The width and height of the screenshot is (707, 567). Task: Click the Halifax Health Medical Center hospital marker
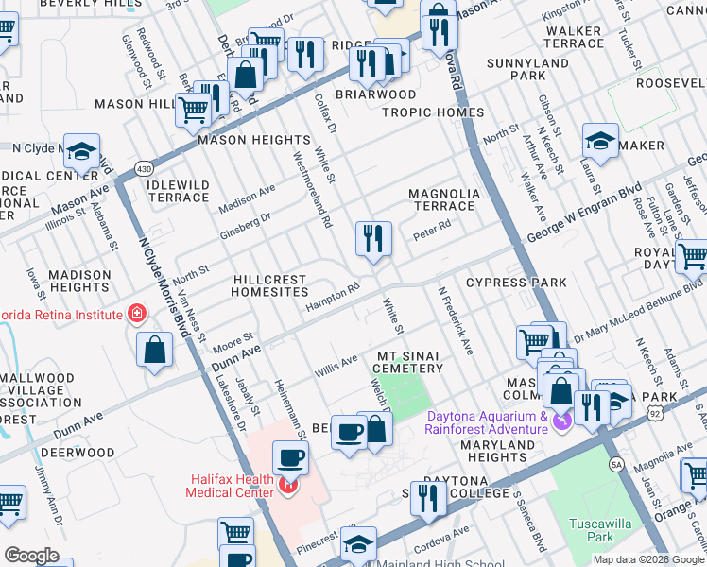tap(287, 489)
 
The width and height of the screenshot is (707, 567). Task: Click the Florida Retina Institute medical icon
tap(137, 312)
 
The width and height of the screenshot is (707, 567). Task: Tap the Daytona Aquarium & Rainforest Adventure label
tap(488, 422)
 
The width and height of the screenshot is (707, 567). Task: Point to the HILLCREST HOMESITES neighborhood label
tap(269, 286)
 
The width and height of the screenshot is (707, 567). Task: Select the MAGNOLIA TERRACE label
tap(444, 199)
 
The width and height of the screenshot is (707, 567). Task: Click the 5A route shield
tap(618, 464)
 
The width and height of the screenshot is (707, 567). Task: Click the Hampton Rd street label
tap(332, 300)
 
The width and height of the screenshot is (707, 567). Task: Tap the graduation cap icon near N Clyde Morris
tap(81, 152)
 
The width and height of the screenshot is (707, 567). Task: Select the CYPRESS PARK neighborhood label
tap(516, 283)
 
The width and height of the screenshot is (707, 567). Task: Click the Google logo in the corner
tap(31, 556)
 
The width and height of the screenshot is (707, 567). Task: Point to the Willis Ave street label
tap(336, 366)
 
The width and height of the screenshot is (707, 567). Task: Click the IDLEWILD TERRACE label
tap(179, 190)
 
